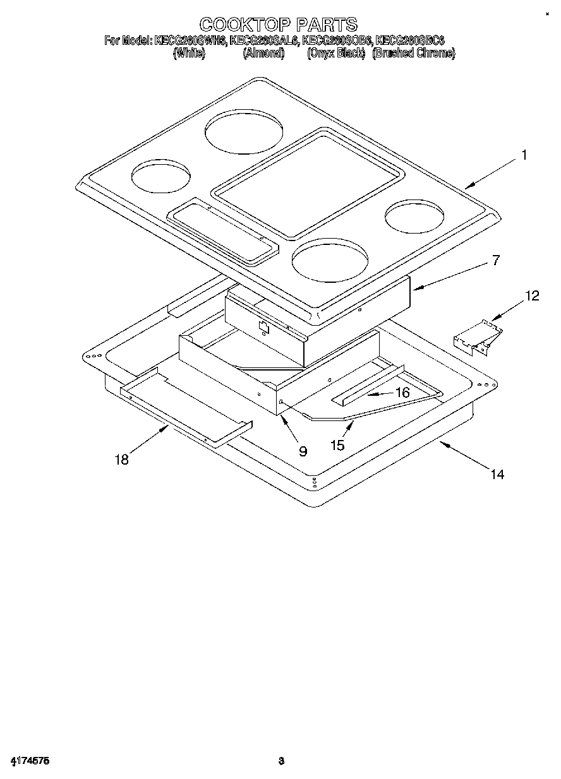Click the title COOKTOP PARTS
point(278,25)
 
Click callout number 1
point(523,155)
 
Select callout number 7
point(497,260)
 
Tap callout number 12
point(533,296)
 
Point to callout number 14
point(498,474)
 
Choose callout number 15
point(337,446)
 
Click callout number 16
point(402,393)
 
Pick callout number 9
point(303,451)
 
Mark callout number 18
point(121,460)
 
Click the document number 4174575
point(30,761)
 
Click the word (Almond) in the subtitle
point(263,54)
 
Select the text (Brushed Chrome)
point(414,54)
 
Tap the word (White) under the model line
point(189,54)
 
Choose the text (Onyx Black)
point(336,54)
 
